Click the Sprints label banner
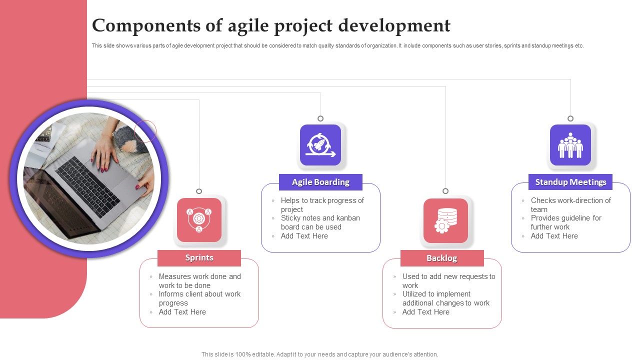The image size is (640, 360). pyautogui.click(x=199, y=258)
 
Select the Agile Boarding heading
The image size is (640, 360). pyautogui.click(x=320, y=182)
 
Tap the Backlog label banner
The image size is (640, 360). pyautogui.click(x=442, y=258)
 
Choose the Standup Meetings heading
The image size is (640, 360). pyautogui.click(x=570, y=182)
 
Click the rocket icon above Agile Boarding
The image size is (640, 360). pyautogui.click(x=320, y=145)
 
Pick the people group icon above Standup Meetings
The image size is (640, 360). pyautogui.click(x=570, y=145)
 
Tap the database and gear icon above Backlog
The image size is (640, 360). pyautogui.click(x=445, y=220)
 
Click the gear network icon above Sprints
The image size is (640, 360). pyautogui.click(x=199, y=220)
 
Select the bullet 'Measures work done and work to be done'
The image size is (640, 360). pyautogui.click(x=199, y=281)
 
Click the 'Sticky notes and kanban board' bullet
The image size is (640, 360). pyautogui.click(x=320, y=222)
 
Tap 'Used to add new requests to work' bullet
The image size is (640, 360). pyautogui.click(x=448, y=281)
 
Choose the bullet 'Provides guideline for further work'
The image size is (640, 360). pyautogui.click(x=565, y=222)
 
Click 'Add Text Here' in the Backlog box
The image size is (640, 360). pyautogui.click(x=425, y=312)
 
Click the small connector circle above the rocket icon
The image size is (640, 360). pyautogui.click(x=320, y=118)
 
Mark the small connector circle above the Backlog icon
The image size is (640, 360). pyautogui.click(x=445, y=191)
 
